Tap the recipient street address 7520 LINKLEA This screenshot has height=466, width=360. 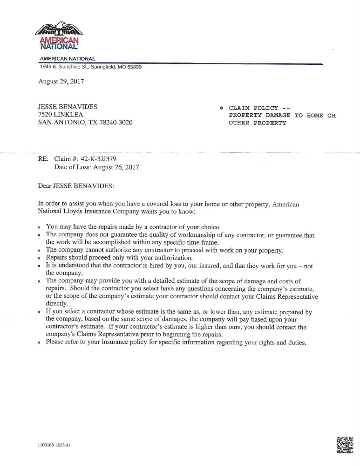pyautogui.click(x=57, y=115)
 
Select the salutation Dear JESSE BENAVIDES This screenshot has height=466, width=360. pyautogui.click(x=75, y=185)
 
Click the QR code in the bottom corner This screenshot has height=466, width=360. pyautogui.click(x=345, y=445)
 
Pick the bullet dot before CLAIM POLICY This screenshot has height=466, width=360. pyautogui.click(x=222, y=108)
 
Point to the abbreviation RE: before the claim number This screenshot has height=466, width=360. pyautogui.click(x=43, y=159)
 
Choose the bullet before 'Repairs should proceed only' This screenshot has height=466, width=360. pyautogui.click(x=40, y=258)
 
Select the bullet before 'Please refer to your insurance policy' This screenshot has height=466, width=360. pyautogui.click(x=40, y=343)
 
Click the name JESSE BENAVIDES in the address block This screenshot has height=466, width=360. pyautogui.click(x=68, y=107)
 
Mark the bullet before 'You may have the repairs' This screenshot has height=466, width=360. pyautogui.click(x=40, y=227)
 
